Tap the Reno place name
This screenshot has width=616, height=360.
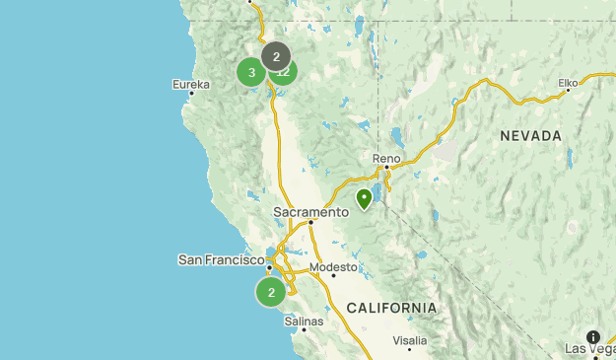pyautogui.click(x=386, y=158)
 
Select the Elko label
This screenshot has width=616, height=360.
pyautogui.click(x=568, y=83)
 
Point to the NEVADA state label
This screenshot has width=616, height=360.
pyautogui.click(x=530, y=135)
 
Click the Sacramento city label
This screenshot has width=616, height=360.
pyautogui.click(x=311, y=211)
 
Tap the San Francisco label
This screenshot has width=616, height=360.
pyautogui.click(x=221, y=259)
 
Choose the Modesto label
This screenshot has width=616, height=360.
pyautogui.click(x=332, y=266)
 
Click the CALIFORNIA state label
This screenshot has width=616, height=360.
pyautogui.click(x=391, y=308)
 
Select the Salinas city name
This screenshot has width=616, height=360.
pyautogui.click(x=304, y=321)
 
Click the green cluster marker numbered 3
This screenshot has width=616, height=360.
pyautogui.click(x=251, y=72)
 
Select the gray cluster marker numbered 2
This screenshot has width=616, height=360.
pyautogui.click(x=276, y=56)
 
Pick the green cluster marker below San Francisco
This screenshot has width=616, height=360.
pyautogui.click(x=271, y=292)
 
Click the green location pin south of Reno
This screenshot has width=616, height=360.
pyautogui.click(x=365, y=198)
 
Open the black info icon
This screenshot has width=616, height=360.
pyautogui.click(x=593, y=337)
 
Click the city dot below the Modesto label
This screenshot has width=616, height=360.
pyautogui.click(x=333, y=275)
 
